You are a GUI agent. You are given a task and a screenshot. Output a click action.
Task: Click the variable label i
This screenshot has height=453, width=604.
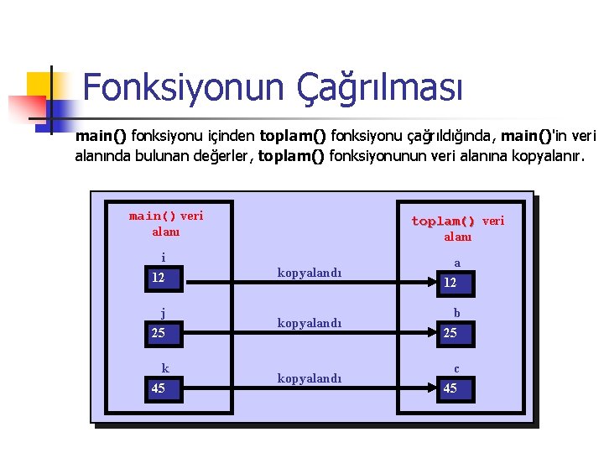(x=164, y=258)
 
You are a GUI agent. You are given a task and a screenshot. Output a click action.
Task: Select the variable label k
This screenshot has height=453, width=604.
(x=165, y=368)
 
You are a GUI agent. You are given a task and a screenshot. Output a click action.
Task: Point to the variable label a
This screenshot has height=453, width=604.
(x=457, y=263)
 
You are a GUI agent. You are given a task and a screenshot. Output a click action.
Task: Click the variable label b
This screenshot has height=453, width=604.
(x=457, y=314)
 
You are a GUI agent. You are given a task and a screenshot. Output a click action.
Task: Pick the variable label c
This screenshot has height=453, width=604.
(x=456, y=368)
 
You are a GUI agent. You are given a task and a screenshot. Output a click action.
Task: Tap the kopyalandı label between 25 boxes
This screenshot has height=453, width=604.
(x=310, y=323)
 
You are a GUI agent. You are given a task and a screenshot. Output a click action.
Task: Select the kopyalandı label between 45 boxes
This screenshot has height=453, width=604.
(x=310, y=377)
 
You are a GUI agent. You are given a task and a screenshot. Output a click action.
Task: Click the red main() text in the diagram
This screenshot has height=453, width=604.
(x=153, y=216)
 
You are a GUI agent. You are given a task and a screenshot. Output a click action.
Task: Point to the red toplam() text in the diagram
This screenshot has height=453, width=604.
(x=443, y=221)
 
